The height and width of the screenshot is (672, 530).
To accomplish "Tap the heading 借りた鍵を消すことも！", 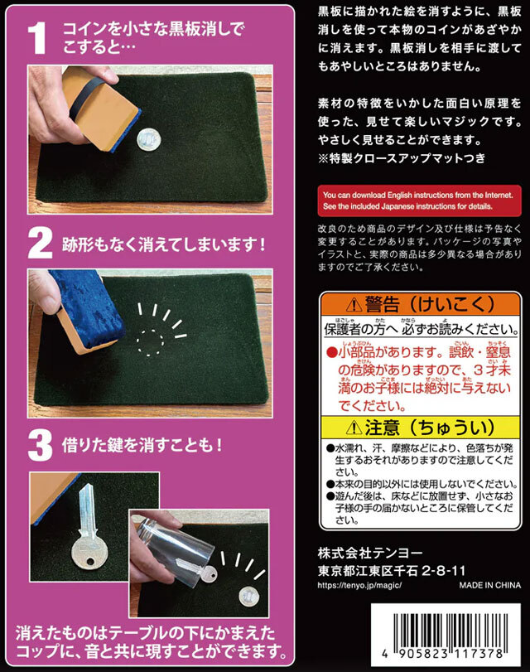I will [x=142, y=445].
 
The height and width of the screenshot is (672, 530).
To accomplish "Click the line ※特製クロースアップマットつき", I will [x=401, y=157].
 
